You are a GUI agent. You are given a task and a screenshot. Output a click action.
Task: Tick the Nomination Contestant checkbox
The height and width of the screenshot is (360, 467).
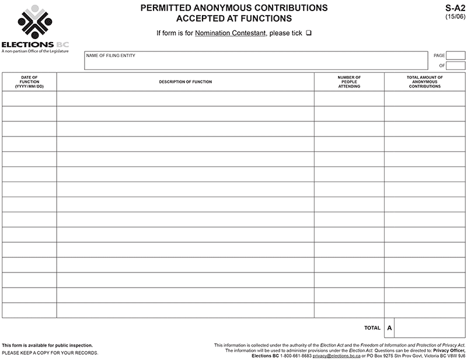pyautogui.click(x=308, y=33)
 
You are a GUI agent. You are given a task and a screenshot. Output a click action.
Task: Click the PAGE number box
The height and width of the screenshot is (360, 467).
pyautogui.click(x=456, y=55)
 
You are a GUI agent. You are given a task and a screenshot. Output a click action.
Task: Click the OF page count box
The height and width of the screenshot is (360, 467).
pyautogui.click(x=456, y=65)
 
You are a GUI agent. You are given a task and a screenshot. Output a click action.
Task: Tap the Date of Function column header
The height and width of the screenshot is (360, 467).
pyautogui.click(x=29, y=82)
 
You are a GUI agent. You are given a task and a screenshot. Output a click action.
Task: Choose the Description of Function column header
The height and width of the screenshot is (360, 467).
pyautogui.click(x=185, y=82)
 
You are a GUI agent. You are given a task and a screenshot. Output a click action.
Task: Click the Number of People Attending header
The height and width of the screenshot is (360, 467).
pyautogui.click(x=349, y=82)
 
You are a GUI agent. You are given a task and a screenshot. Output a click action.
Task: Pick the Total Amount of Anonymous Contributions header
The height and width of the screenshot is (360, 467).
pyautogui.click(x=424, y=82)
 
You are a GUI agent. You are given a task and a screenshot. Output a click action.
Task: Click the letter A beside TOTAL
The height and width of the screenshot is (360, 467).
pyautogui.click(x=389, y=328)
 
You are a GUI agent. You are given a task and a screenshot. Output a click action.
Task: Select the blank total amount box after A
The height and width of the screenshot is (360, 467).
pyautogui.click(x=430, y=328)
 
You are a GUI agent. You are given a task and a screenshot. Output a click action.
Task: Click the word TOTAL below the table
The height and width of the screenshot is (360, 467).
pyautogui.click(x=372, y=328)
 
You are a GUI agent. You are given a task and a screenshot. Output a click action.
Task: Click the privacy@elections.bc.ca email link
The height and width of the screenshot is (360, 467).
pyautogui.click(x=336, y=355)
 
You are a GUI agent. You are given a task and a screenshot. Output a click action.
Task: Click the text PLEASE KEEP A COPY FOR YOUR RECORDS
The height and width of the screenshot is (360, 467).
pyautogui.click(x=50, y=353)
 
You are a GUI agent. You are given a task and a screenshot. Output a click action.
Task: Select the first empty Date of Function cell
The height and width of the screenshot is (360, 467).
pyautogui.click(x=29, y=99)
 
